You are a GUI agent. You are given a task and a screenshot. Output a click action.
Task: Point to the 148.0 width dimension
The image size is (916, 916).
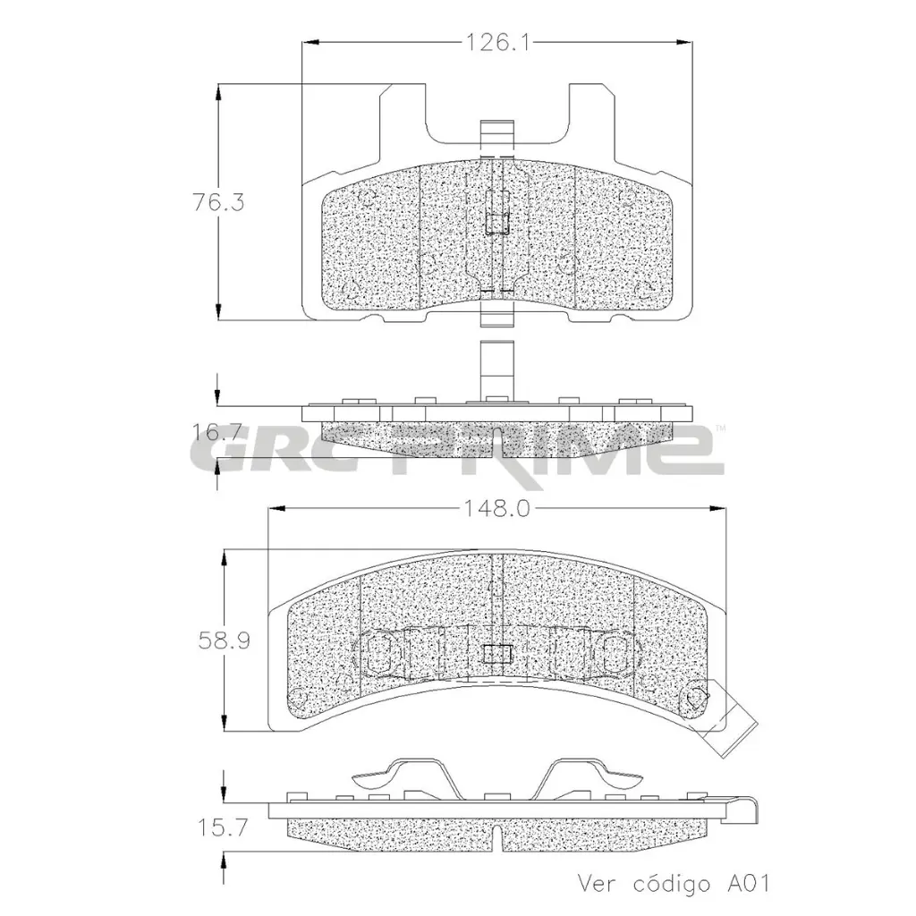point(497,509)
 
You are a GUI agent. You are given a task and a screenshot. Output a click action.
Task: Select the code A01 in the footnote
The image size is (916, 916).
point(746,883)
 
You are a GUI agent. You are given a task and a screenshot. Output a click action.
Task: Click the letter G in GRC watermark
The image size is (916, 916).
point(218,454)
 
